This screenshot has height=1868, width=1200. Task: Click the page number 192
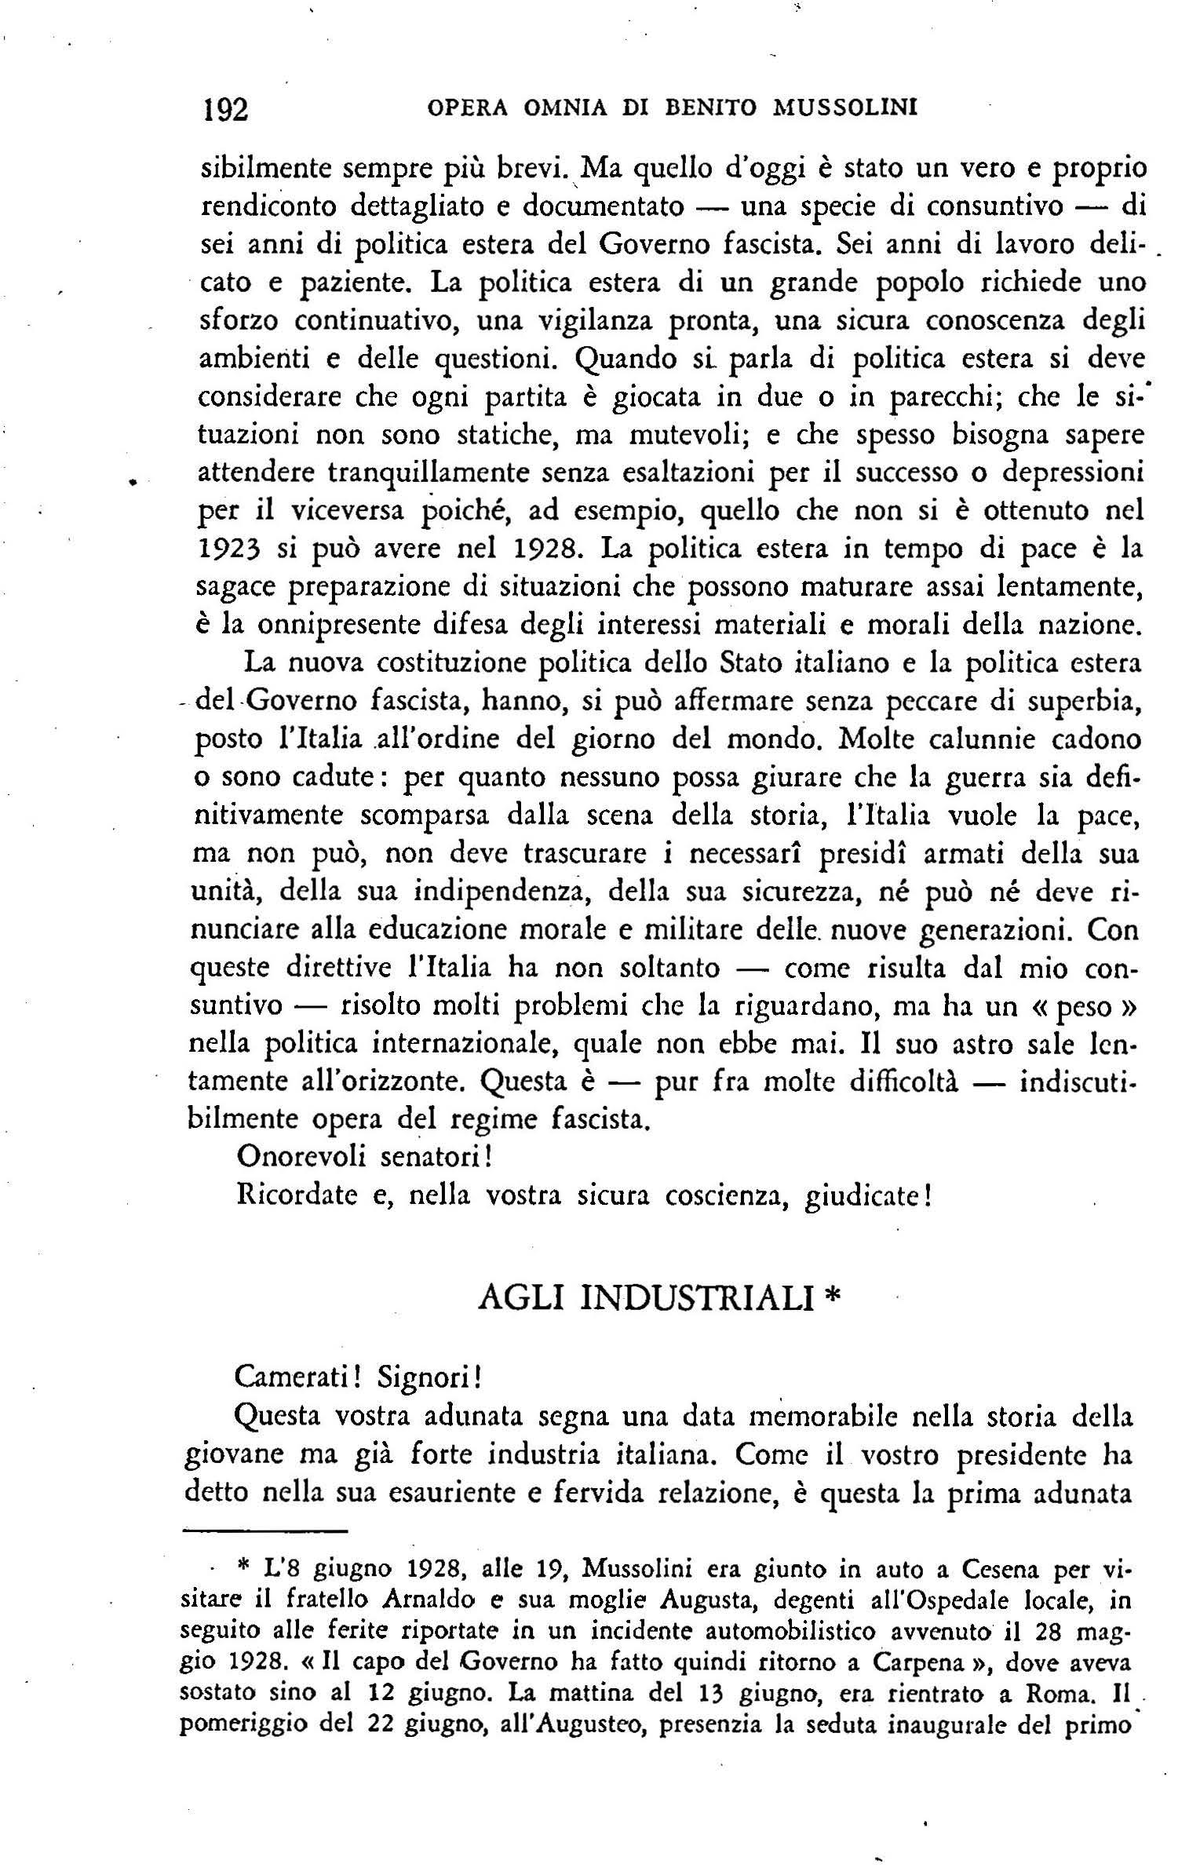tap(226, 109)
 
